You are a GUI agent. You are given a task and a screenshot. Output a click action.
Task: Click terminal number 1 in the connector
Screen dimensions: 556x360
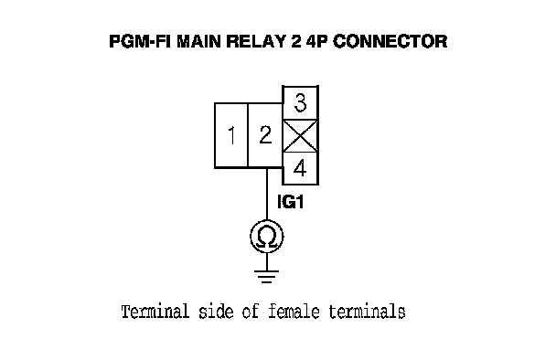coord(230,135)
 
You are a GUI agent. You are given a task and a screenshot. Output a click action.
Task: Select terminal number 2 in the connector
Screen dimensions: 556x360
coord(265,135)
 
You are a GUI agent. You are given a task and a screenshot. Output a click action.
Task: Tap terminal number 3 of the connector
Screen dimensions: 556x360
coord(300,102)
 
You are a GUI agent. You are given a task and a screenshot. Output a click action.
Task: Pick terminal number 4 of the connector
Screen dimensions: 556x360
coord(300,167)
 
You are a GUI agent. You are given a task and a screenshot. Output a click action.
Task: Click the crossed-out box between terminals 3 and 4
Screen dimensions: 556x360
coord(300,136)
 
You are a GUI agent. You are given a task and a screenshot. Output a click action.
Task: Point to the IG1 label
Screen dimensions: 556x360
coord(291,202)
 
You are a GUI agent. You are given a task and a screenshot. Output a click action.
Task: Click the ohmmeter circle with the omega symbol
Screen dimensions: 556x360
coord(267,237)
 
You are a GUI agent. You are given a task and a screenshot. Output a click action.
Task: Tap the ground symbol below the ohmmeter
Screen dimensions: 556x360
coord(267,277)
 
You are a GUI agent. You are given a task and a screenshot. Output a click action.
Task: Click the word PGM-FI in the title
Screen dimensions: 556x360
coord(140,41)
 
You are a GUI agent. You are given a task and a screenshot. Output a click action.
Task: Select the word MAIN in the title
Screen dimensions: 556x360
coord(200,41)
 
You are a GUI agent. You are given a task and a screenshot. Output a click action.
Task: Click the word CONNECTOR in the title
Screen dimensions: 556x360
coord(390,41)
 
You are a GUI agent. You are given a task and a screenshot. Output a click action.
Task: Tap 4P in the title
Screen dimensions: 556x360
coord(316,41)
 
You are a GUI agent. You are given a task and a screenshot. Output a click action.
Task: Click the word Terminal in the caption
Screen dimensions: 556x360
coord(155,312)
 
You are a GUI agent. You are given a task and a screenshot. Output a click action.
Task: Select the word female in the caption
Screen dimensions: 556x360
coord(294,312)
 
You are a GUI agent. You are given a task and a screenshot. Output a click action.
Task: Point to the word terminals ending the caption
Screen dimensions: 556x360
coord(367,312)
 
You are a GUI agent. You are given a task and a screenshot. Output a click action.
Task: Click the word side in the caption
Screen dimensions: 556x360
coord(216,312)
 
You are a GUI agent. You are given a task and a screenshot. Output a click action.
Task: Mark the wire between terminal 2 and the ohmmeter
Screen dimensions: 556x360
coord(267,194)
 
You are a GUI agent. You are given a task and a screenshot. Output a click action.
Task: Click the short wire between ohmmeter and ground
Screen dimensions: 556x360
coord(267,262)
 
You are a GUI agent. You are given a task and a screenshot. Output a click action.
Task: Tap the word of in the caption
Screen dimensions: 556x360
coord(251,312)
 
